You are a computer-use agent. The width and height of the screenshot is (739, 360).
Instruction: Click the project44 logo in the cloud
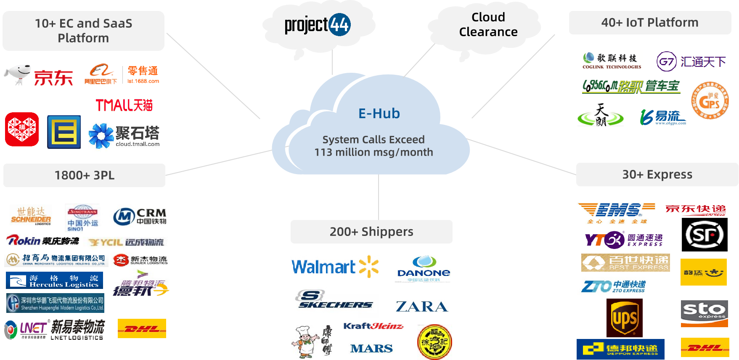point(318,25)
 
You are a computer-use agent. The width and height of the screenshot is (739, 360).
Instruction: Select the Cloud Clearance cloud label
point(488,24)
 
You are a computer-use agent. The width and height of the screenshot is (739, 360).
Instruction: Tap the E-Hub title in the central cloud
point(379,114)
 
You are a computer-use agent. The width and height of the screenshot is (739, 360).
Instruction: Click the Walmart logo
point(335,267)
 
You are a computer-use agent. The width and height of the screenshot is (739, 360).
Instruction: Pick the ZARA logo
point(422,306)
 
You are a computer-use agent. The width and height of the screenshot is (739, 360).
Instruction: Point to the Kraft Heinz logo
point(373,326)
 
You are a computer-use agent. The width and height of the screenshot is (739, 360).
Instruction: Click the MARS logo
point(371,349)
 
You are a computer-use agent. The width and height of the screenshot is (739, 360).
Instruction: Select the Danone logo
point(423,269)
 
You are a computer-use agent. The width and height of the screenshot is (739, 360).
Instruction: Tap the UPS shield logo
point(625,318)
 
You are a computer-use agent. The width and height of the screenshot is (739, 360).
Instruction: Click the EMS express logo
point(616,213)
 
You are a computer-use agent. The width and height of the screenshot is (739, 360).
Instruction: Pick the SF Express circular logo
point(705,235)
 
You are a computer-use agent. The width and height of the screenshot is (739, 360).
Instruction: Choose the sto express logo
point(704,313)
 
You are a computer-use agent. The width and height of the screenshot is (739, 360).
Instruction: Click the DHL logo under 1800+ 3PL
point(142,328)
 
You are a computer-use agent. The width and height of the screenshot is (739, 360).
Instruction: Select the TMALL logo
point(124,104)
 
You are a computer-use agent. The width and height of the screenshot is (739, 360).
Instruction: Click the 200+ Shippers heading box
point(371,232)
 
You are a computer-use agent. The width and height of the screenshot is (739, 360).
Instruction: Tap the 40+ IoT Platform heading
point(650,23)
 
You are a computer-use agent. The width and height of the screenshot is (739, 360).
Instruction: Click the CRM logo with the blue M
point(141,216)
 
